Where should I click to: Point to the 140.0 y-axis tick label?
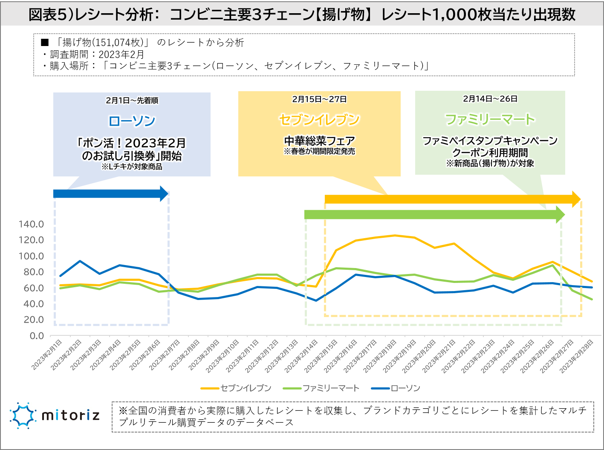coord(31,224)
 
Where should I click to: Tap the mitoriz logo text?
coord(71,415)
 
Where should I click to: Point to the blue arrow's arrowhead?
coord(164,193)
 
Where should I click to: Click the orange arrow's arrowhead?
coord(576,199)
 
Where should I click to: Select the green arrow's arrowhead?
coord(560,214)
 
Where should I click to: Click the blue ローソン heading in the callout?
coord(132,121)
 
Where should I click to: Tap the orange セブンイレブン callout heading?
coord(319,120)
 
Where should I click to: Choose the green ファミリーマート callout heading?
coord(490,119)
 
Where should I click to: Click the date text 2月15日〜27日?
coord(319,99)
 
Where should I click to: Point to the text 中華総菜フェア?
coord(319,141)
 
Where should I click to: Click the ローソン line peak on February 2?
coord(80,261)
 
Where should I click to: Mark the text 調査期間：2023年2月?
coord(97,55)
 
